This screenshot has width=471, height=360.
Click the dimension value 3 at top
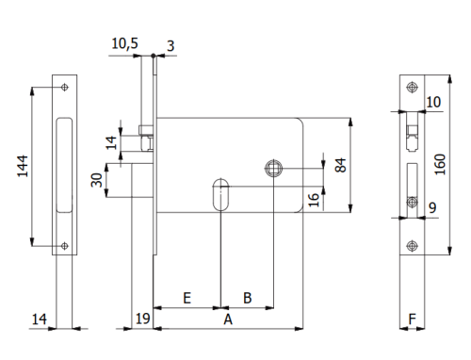[171, 43]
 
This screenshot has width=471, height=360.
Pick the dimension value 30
[96, 179]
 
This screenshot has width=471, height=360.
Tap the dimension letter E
[187, 298]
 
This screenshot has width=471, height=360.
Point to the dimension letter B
[247, 298]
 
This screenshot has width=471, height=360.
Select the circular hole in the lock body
[273, 167]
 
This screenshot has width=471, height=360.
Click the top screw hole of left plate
[63, 89]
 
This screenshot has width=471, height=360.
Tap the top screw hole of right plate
[411, 88]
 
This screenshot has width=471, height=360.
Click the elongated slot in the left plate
[63, 166]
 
